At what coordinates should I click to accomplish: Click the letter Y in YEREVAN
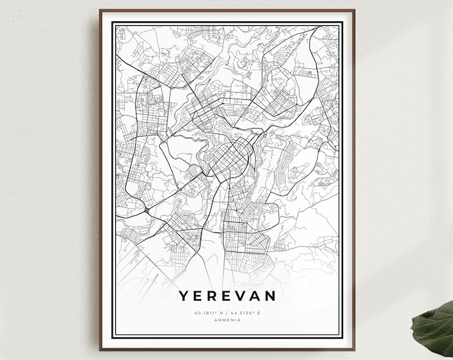point(183,295)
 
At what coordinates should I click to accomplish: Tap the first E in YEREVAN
point(197,295)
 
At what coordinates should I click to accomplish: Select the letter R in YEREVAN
point(212,295)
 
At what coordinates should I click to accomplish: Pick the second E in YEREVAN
point(227,295)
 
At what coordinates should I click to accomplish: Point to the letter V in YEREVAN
point(242,295)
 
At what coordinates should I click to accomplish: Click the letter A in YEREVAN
point(258,295)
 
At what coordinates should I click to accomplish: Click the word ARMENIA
point(228,321)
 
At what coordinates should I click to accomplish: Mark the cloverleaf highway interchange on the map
point(146,211)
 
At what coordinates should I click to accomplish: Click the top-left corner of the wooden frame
point(101,11)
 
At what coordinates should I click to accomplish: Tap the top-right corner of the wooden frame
point(354,11)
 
